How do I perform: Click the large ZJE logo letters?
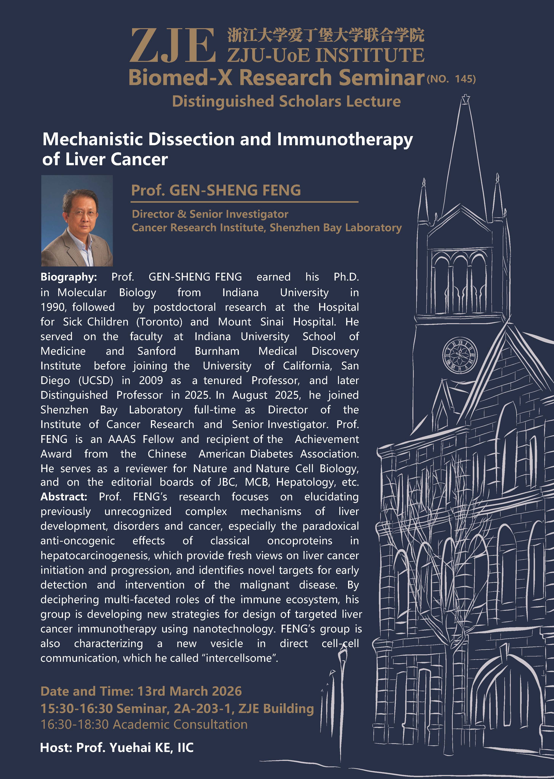[x=172, y=46]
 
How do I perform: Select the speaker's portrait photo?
[x=77, y=221]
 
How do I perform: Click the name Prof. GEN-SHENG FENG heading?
[x=216, y=190]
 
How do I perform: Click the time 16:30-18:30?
[x=74, y=724]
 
